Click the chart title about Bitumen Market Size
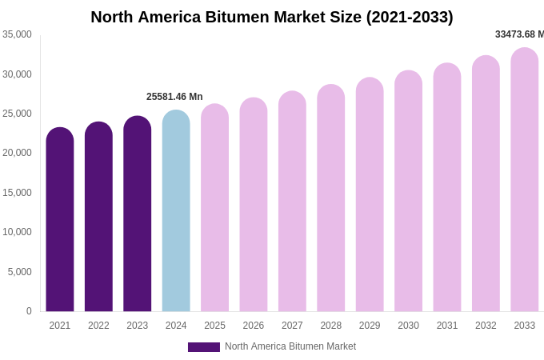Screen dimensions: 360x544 tap(271, 17)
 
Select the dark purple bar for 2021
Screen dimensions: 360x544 tap(60, 220)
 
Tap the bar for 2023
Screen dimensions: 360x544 tap(137, 214)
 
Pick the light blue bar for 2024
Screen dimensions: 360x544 tap(176, 211)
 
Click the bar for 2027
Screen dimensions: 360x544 tap(292, 202)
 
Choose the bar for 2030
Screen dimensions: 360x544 tap(408, 192)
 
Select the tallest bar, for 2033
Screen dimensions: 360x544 tap(524, 180)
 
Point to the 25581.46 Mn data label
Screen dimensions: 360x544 tap(174, 97)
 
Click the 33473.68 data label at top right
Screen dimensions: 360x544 tap(518, 34)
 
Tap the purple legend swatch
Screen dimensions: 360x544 tap(203, 347)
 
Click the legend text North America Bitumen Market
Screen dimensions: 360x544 tap(290, 346)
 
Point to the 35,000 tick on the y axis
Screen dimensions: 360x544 tap(17, 34)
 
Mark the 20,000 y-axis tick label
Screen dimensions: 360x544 tap(17, 153)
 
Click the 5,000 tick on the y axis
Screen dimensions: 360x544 tap(20, 272)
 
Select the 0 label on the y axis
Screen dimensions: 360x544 tap(29, 311)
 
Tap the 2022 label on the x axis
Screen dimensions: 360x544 tap(98, 326)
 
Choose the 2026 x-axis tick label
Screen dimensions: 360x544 tap(254, 326)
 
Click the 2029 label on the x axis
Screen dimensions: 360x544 tap(370, 326)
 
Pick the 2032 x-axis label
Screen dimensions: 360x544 tap(486, 326)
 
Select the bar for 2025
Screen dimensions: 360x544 tap(214, 208)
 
